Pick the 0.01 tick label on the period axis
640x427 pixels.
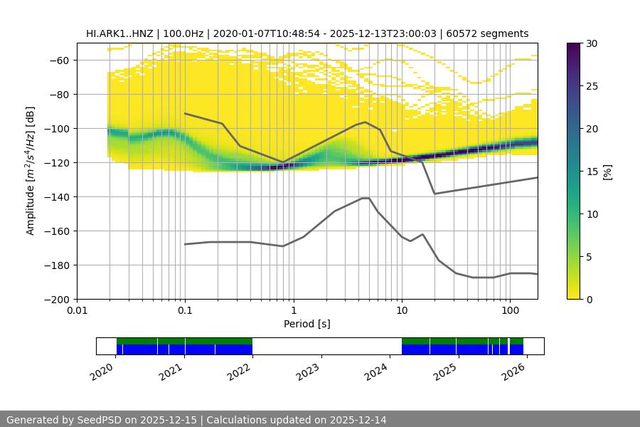point(77,311)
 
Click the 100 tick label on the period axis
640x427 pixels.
point(509,311)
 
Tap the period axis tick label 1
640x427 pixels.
point(293,311)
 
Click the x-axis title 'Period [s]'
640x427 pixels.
point(306,325)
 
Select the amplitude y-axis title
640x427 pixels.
point(31,171)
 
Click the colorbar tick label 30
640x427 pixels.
point(592,43)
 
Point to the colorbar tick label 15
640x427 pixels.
point(592,172)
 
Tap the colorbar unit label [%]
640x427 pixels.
point(607,171)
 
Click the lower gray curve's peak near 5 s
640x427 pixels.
point(366,198)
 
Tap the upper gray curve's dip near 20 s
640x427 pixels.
point(434,194)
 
